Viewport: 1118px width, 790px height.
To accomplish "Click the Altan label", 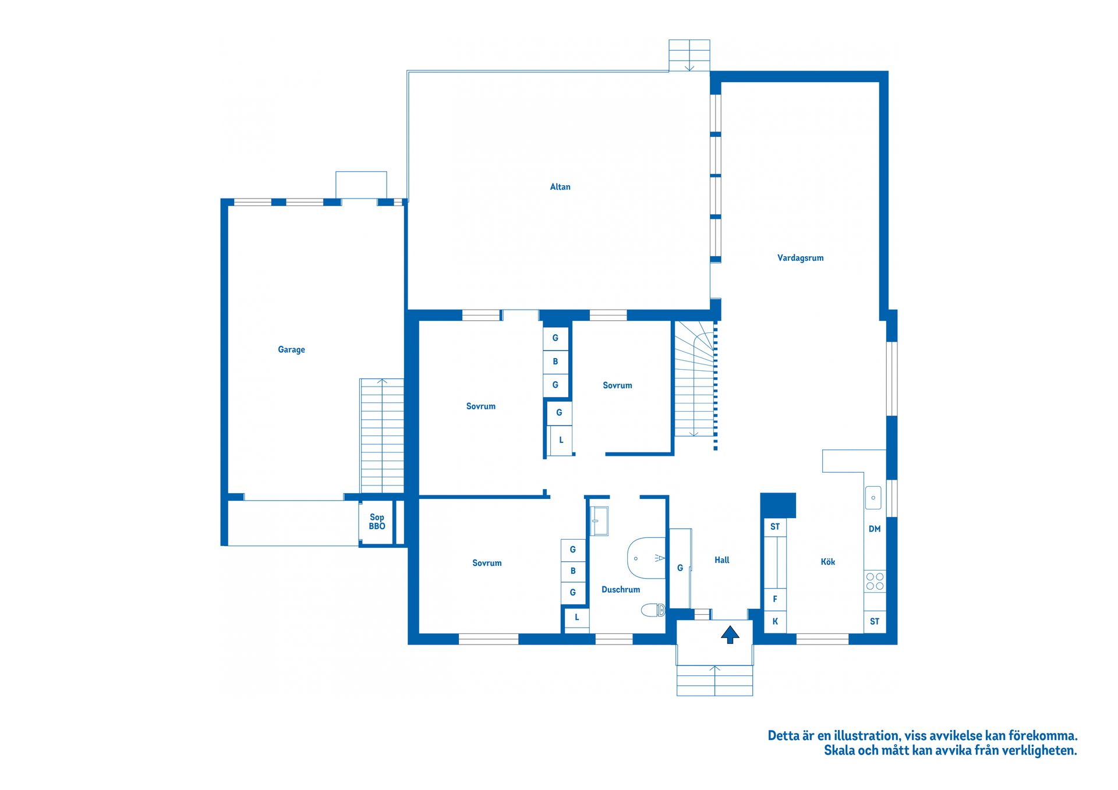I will point(560,187).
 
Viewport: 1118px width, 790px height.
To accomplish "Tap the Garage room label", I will point(291,349).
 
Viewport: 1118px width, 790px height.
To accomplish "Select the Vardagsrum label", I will point(800,258).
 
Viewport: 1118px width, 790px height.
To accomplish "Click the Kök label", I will point(827,562).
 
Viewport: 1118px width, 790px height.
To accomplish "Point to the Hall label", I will point(721,560).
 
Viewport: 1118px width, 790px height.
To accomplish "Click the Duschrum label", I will point(620,590).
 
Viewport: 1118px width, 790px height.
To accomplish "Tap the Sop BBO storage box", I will point(377,522).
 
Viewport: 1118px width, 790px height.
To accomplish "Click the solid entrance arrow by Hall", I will point(730,634).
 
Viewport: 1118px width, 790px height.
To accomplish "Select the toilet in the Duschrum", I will point(653,610).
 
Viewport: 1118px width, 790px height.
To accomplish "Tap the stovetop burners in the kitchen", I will point(874,581).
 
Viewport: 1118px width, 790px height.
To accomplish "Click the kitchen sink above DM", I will point(872,498).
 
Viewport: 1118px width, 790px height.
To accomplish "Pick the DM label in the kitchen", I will point(874,529).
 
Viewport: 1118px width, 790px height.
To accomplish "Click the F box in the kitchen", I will point(774,599).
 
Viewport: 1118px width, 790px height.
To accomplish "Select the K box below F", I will point(774,622).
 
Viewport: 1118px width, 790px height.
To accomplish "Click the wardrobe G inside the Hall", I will point(680,568).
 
